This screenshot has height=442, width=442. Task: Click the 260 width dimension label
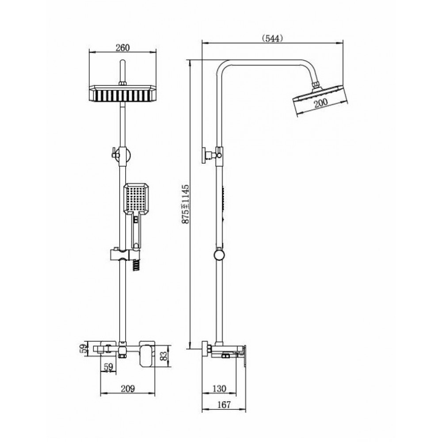[122, 48]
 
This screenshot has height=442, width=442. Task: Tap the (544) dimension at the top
[272, 38]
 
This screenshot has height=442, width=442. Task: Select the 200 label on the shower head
[321, 103]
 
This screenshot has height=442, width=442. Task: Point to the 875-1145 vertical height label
[186, 204]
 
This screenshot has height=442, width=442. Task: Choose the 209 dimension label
[128, 389]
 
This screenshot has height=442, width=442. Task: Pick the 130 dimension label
[219, 389]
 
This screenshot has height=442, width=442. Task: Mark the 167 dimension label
[224, 404]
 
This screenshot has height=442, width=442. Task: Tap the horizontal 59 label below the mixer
[109, 367]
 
